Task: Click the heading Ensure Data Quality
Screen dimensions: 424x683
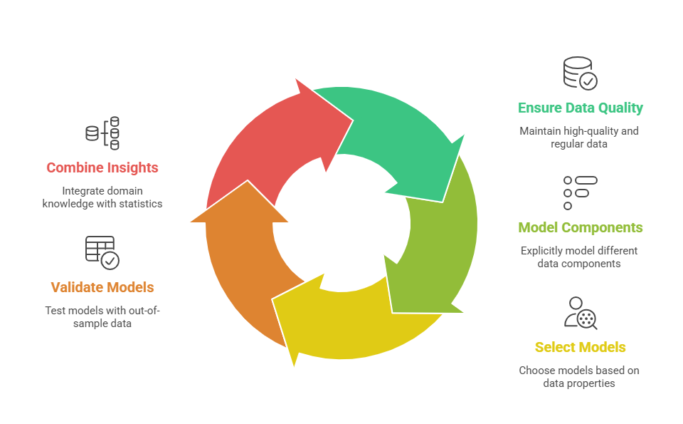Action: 580,108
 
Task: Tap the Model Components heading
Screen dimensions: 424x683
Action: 580,228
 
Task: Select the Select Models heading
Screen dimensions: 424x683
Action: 580,348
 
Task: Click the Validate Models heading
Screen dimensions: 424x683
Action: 102,288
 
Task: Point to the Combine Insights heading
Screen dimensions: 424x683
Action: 102,168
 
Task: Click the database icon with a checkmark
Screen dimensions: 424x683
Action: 580,73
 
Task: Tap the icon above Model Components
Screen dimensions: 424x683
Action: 580,192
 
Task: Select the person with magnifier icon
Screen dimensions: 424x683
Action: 580,313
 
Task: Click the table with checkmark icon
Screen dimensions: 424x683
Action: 102,252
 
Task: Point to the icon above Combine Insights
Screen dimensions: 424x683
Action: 102,133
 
